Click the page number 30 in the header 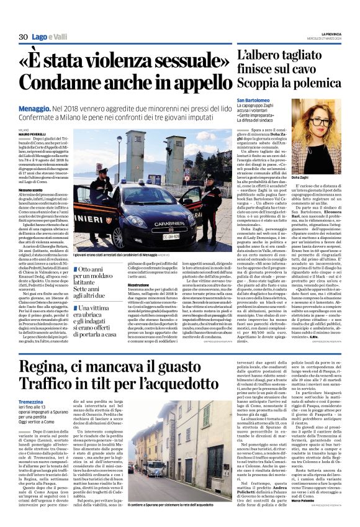point(23,37)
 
